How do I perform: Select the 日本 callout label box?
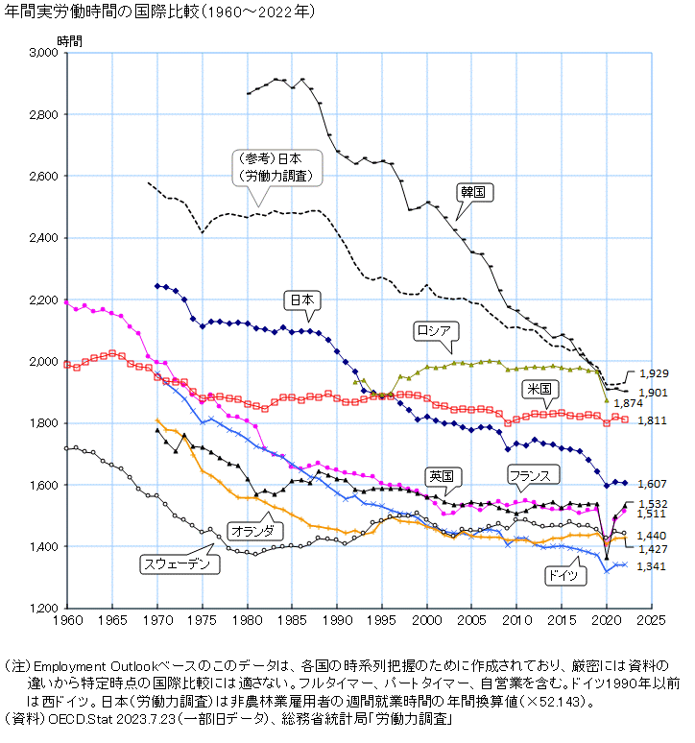click(x=302, y=300)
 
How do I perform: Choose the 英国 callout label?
click(x=442, y=476)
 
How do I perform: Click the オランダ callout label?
click(x=254, y=530)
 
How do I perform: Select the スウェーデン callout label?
click(x=180, y=563)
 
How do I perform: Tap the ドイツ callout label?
click(x=556, y=577)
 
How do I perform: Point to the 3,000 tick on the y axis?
click(x=43, y=53)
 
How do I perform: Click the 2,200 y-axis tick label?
click(x=43, y=300)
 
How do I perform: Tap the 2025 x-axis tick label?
click(x=651, y=621)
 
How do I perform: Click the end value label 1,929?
click(x=653, y=372)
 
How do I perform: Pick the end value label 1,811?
click(x=653, y=421)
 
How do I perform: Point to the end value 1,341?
click(x=653, y=566)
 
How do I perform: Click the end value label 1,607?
click(x=653, y=484)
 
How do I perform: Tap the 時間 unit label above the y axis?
click(x=69, y=40)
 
